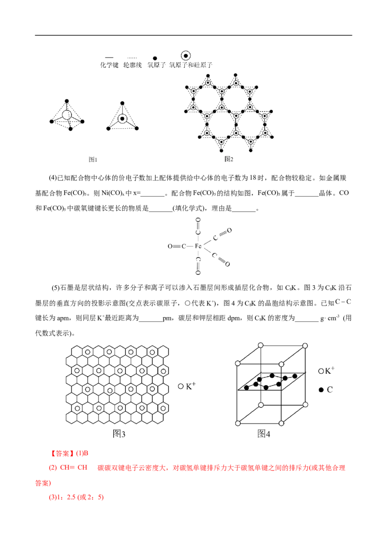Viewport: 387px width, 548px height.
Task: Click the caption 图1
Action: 92,159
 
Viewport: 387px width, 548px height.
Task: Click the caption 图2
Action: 229,159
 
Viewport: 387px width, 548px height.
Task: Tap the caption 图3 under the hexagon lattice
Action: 119,434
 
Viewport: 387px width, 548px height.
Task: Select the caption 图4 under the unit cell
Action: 264,434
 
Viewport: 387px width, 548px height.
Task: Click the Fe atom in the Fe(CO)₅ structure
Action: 198,246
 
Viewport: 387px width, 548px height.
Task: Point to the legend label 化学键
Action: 109,65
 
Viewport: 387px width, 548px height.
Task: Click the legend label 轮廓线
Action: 133,65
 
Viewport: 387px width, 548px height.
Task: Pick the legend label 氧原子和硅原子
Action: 191,65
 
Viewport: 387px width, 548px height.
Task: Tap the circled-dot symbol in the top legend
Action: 186,56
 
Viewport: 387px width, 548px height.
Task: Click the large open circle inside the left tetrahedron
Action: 66,115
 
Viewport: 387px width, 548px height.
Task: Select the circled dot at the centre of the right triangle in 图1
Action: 122,119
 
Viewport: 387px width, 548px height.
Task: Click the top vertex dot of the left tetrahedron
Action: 67,101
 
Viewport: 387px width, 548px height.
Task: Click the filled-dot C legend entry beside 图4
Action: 326,390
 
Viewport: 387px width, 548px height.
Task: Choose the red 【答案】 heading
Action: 61,453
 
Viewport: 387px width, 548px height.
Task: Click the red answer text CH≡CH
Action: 74,468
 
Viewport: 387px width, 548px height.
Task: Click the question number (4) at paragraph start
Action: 53,178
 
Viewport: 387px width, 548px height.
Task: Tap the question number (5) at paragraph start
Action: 56,288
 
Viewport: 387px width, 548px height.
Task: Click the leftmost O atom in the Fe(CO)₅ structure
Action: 170,246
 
